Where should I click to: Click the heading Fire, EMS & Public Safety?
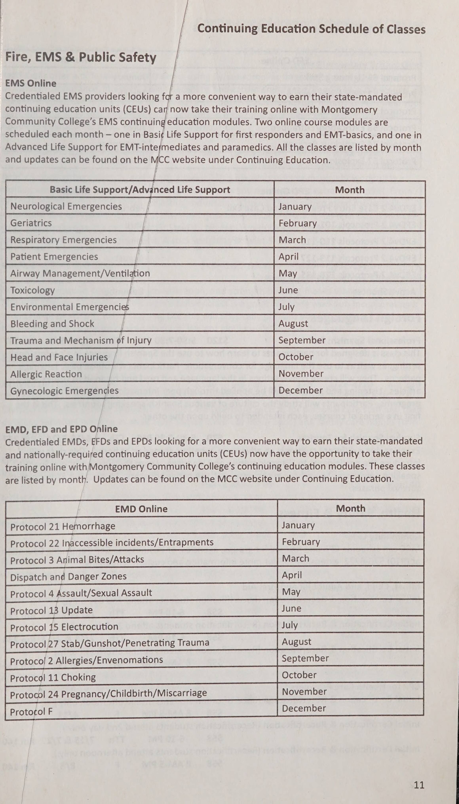point(81,58)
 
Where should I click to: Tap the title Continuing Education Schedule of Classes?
point(311,29)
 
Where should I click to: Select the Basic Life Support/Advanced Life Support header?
point(140,190)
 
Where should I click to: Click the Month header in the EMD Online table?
point(351,508)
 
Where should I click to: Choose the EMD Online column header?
point(141,509)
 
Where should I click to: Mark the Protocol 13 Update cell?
point(51,610)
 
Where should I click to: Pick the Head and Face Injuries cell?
point(55,357)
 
